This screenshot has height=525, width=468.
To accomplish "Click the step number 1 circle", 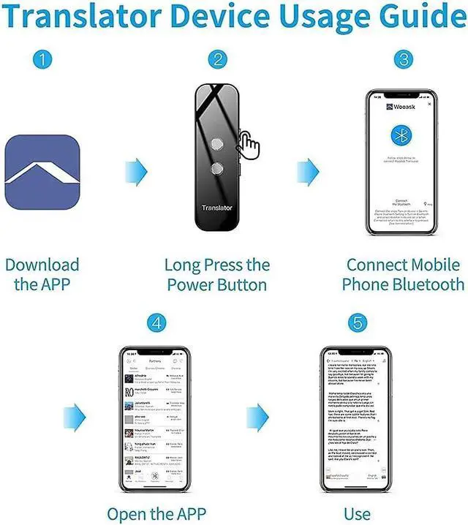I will [x=44, y=59].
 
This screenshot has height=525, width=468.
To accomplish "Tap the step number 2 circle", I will [x=217, y=59].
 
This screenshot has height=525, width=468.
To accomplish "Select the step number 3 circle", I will [x=403, y=59].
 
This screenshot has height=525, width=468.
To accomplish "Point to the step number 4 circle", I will [x=156, y=322].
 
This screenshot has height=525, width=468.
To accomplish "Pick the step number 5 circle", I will [x=357, y=322].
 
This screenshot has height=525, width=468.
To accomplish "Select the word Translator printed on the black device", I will [x=217, y=208].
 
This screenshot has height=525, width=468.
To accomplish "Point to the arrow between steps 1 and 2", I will [x=136, y=171].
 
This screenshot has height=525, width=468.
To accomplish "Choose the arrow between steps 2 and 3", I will [x=308, y=171].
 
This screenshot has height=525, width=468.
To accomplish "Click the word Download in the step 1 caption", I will [x=42, y=265].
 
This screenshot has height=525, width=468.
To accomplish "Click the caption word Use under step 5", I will [x=357, y=513].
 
